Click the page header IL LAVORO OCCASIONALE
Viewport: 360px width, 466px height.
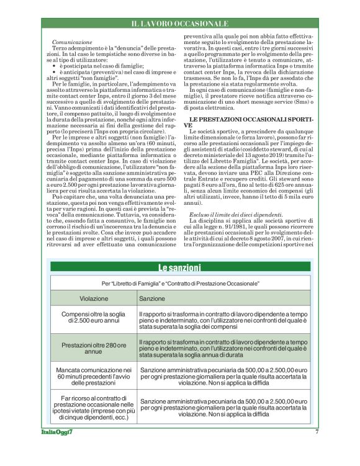point(180,24)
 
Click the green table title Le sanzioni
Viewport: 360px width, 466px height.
point(180,268)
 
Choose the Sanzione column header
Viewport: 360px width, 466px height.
point(153,298)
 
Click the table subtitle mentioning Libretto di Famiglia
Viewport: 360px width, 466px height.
point(180,282)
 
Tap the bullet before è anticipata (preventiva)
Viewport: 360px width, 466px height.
point(55,71)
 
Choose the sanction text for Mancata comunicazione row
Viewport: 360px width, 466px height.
point(224,374)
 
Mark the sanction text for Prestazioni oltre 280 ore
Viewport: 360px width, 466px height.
point(224,347)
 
